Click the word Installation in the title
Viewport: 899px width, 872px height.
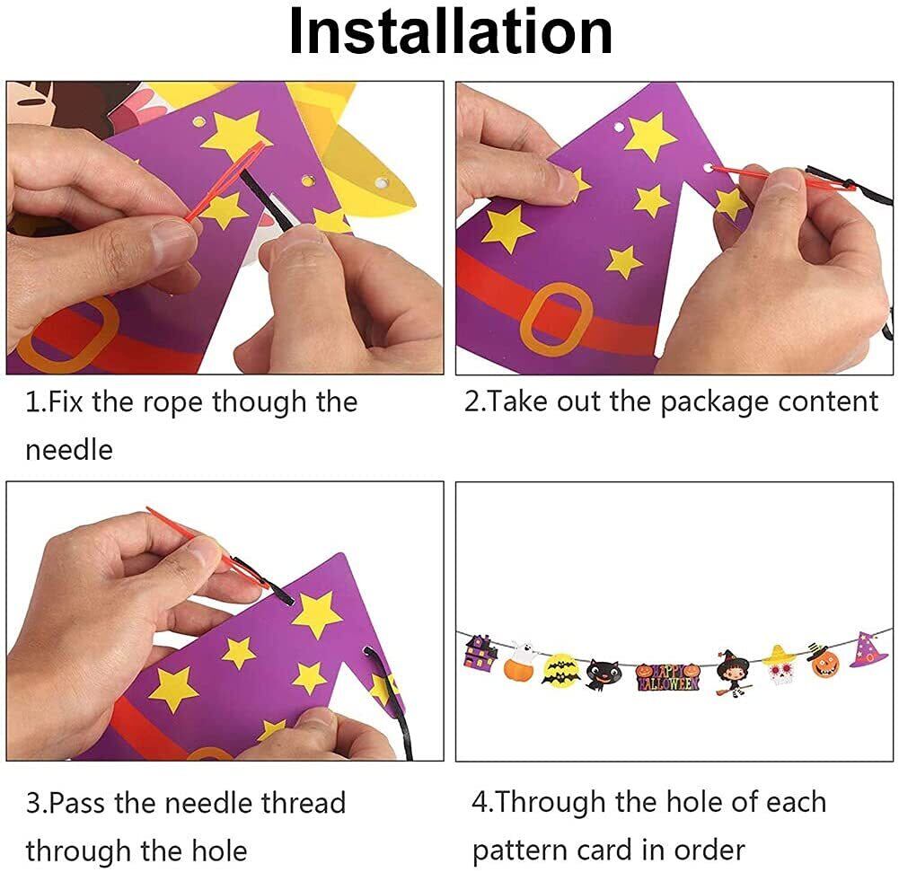click(x=451, y=31)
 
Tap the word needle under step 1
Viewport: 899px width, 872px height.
click(x=69, y=450)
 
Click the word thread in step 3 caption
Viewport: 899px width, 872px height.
click(x=304, y=803)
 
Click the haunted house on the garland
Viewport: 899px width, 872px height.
click(x=481, y=652)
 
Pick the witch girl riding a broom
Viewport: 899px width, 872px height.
click(x=733, y=673)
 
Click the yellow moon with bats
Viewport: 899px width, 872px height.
click(x=560, y=671)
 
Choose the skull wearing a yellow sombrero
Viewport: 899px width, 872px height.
click(x=780, y=665)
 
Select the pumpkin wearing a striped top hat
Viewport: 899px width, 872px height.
click(x=824, y=660)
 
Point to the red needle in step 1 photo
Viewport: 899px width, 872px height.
click(x=226, y=181)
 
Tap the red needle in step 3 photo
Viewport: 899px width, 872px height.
click(x=207, y=547)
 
